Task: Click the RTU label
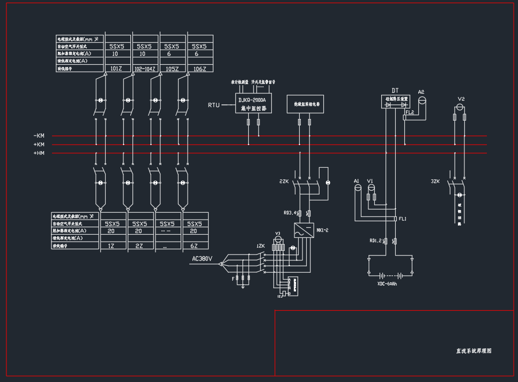[x=213, y=105]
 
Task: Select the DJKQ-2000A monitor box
[x=255, y=103]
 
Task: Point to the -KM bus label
[x=39, y=136]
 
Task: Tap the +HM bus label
[x=39, y=154]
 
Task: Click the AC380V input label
[x=202, y=260]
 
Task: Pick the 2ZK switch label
[x=284, y=182]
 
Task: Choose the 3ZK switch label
[x=435, y=182]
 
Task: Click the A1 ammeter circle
[x=358, y=188]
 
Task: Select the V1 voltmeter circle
[x=371, y=188]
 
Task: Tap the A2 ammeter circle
[x=421, y=100]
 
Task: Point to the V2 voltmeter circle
[x=460, y=107]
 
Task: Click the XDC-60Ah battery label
[x=387, y=283]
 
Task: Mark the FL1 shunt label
[x=403, y=219]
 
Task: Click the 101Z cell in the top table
[x=116, y=69]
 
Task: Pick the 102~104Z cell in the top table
[x=145, y=69]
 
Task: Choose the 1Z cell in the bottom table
[x=112, y=245]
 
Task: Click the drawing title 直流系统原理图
[x=473, y=351]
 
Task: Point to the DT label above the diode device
[x=395, y=90]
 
